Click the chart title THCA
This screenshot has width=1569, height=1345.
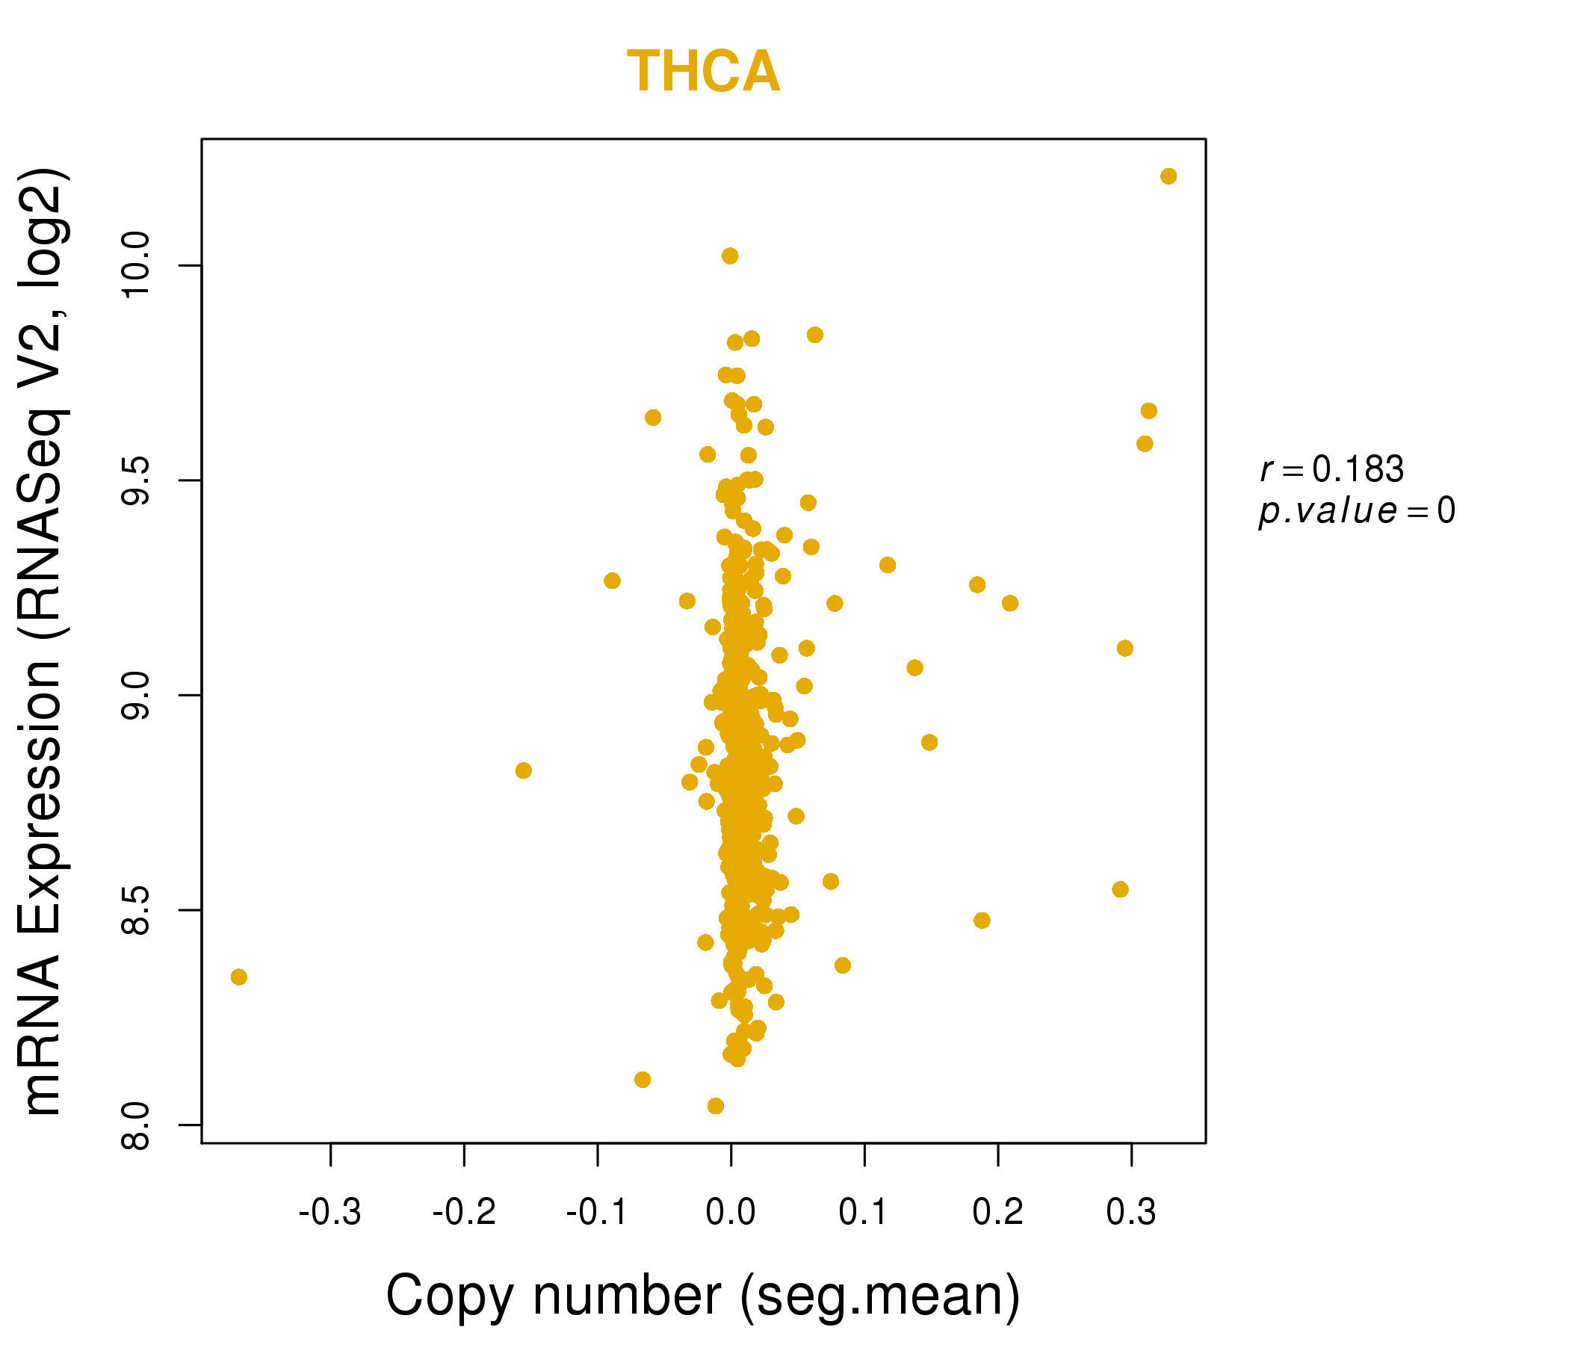pos(704,72)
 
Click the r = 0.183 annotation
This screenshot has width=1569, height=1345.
pos(1332,469)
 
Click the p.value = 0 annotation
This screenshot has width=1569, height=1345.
pos(1356,511)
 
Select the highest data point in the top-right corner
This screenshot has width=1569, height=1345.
pos(1169,176)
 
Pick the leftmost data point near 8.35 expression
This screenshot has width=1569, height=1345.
pos(239,977)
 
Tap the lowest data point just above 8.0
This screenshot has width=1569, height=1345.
pos(716,1106)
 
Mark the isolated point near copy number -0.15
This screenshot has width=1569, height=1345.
pos(523,770)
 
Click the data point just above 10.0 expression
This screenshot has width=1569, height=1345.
pos(730,256)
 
